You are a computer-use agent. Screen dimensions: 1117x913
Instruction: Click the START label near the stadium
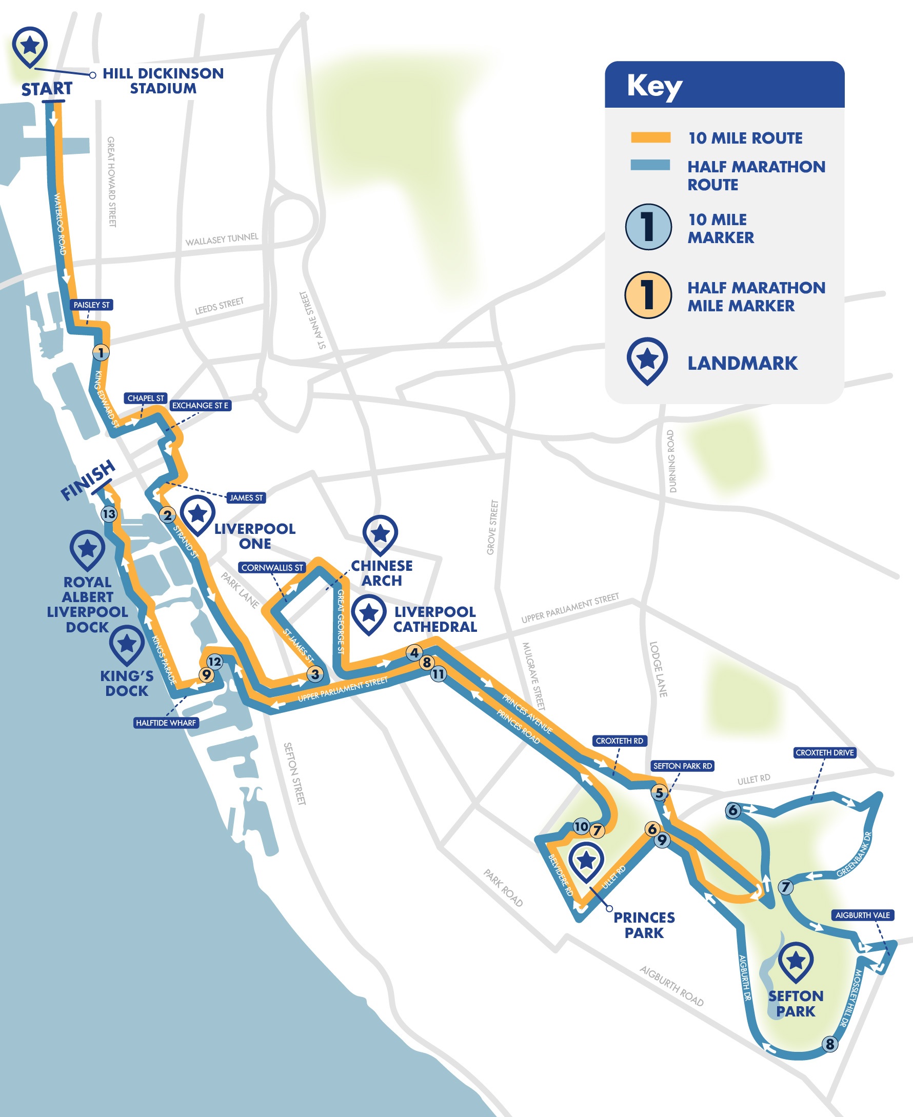tap(46, 89)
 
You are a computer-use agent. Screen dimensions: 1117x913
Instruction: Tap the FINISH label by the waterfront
tap(87, 480)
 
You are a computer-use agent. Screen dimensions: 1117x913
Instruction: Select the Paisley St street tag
tap(91, 305)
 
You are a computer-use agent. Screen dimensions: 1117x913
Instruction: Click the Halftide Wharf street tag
tap(166, 723)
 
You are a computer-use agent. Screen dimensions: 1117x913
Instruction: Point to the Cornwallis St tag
tap(272, 567)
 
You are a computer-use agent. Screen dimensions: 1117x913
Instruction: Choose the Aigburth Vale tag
tap(862, 915)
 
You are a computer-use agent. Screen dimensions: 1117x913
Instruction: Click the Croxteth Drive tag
tap(824, 752)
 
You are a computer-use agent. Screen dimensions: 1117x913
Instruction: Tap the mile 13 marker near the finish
tap(109, 514)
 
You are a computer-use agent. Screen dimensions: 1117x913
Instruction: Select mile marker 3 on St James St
tap(315, 674)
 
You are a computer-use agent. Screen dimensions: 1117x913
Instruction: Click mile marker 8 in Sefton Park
tap(829, 1044)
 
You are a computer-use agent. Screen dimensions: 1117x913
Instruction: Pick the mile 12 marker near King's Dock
tap(214, 662)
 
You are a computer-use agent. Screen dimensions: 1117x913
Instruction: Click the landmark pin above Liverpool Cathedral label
tap(369, 614)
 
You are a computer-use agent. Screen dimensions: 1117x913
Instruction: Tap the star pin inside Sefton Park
tap(795, 961)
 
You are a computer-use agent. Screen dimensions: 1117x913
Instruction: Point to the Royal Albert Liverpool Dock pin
tap(87, 550)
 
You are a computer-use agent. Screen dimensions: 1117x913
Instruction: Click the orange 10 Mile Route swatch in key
tap(650, 138)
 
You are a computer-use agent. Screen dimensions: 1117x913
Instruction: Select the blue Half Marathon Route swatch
tap(650, 165)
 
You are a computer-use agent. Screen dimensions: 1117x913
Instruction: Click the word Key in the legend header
tap(654, 86)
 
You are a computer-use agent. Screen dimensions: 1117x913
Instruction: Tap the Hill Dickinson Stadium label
tap(163, 81)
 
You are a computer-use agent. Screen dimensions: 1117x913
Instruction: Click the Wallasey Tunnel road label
tap(222, 240)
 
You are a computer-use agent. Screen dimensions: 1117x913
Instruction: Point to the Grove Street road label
tap(492, 527)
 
